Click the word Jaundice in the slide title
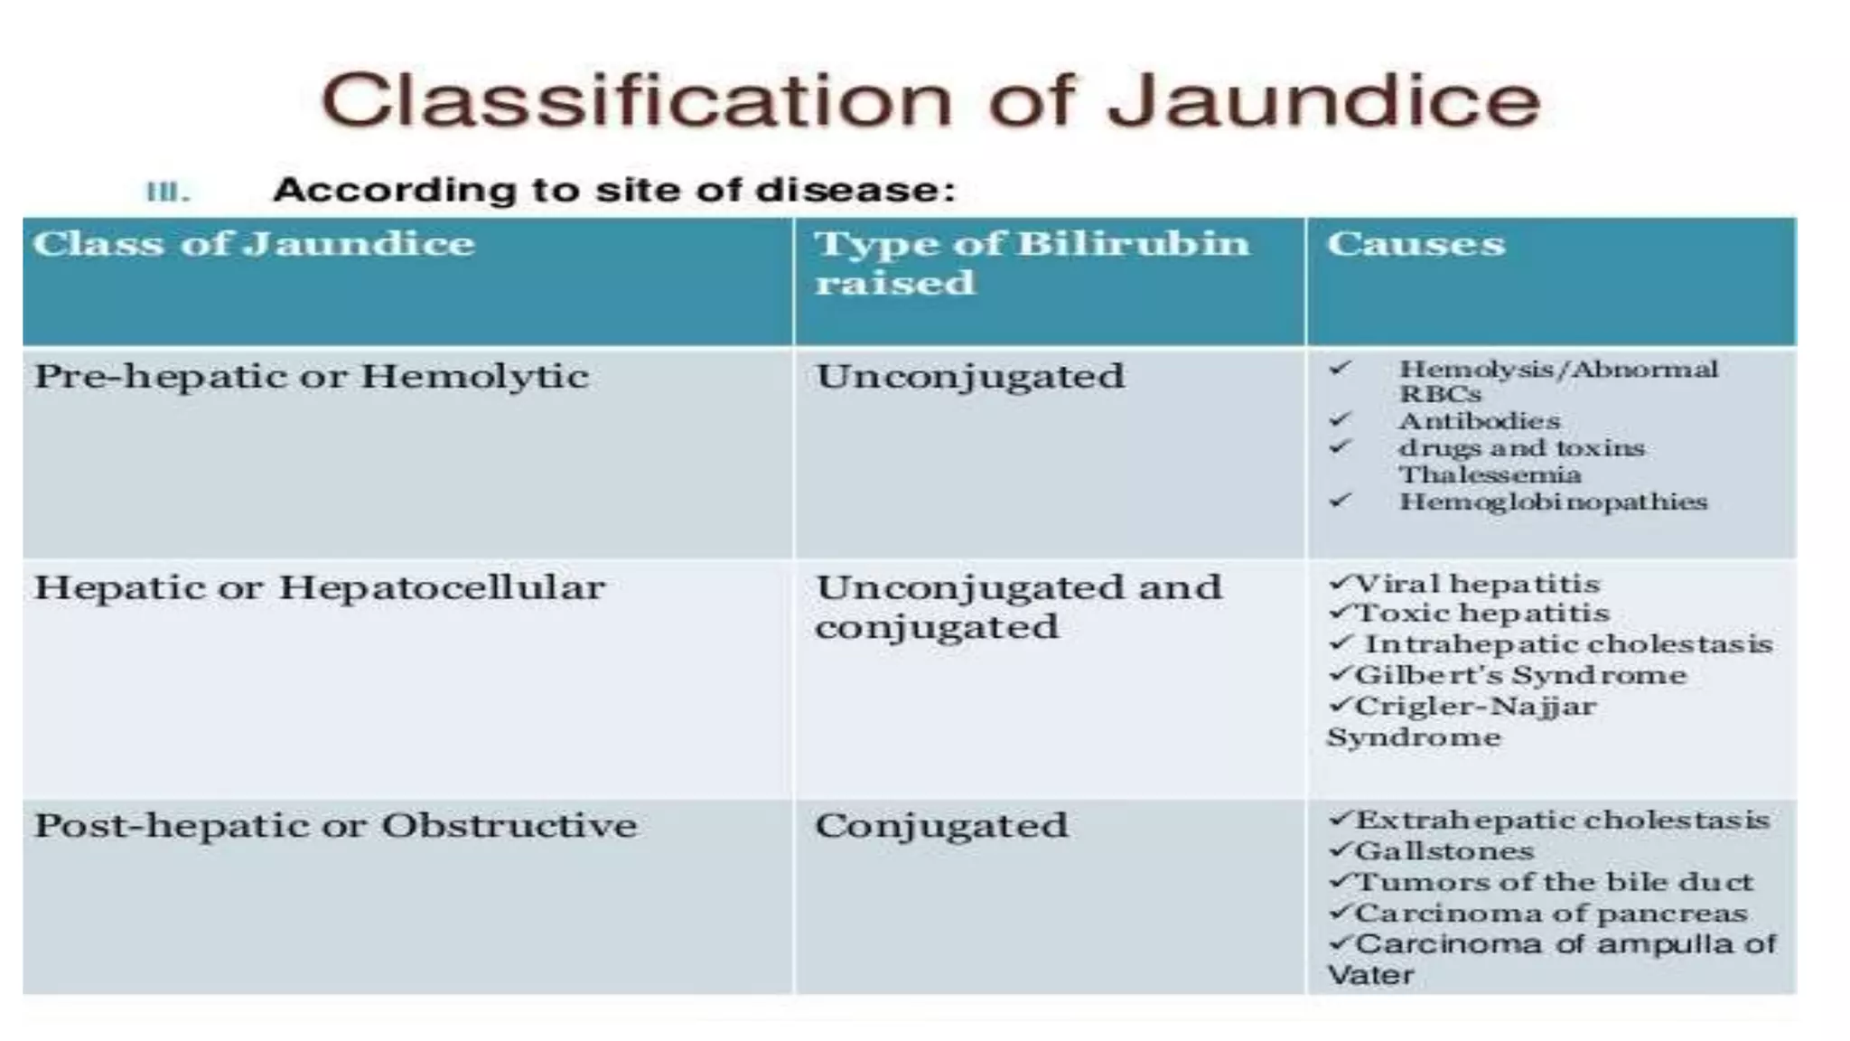click(x=1324, y=99)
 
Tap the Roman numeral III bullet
click(x=168, y=192)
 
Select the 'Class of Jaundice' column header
click(x=254, y=244)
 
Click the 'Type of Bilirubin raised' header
click(x=1031, y=262)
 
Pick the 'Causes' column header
click(x=1416, y=244)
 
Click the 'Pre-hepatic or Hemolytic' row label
click(x=312, y=376)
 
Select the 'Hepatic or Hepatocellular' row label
click(x=319, y=587)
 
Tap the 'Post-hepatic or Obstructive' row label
click(x=335, y=825)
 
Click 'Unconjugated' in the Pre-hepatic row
click(x=970, y=376)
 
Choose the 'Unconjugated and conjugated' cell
click(x=1017, y=606)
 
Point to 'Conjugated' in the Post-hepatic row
click(x=940, y=825)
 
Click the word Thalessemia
click(x=1490, y=474)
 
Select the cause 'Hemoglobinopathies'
click(x=1553, y=502)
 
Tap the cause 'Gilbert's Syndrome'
click(x=1520, y=675)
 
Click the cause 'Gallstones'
click(x=1444, y=851)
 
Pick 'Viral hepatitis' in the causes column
click(x=1477, y=584)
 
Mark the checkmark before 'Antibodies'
click(x=1340, y=420)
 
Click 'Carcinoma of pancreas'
click(x=1550, y=914)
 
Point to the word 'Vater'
click(x=1370, y=975)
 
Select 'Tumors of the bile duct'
click(x=1554, y=882)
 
